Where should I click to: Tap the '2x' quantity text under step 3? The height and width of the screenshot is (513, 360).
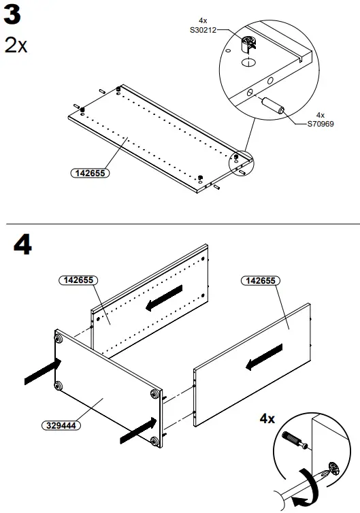(x=16, y=46)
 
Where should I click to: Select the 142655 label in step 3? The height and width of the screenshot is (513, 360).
(x=90, y=173)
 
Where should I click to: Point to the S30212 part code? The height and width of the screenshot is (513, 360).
(x=203, y=29)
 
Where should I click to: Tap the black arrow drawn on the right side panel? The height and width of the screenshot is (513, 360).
(x=264, y=358)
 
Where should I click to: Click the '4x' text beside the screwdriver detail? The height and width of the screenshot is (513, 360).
(x=268, y=418)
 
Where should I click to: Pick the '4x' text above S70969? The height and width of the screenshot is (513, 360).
(x=321, y=115)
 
